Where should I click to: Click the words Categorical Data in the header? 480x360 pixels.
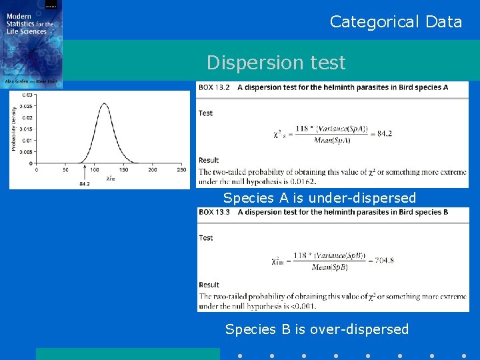pos(396,22)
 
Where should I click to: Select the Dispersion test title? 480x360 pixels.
pos(276,63)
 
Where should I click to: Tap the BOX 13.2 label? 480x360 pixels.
pos(213,87)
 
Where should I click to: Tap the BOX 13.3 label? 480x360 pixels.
pos(213,212)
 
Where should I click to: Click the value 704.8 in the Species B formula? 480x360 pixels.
pos(382,260)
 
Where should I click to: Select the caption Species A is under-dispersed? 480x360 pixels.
pos(319,198)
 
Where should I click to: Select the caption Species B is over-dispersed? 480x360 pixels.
pos(317,329)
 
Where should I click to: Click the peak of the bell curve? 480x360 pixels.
pos(105,103)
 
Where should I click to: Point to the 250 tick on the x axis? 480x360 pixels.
pos(181,170)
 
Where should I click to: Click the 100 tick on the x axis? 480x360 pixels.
pos(94,170)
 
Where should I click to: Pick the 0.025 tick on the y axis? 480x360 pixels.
pos(25,106)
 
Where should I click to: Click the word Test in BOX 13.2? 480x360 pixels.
pos(205,113)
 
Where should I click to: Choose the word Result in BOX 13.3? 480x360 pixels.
pos(209,285)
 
